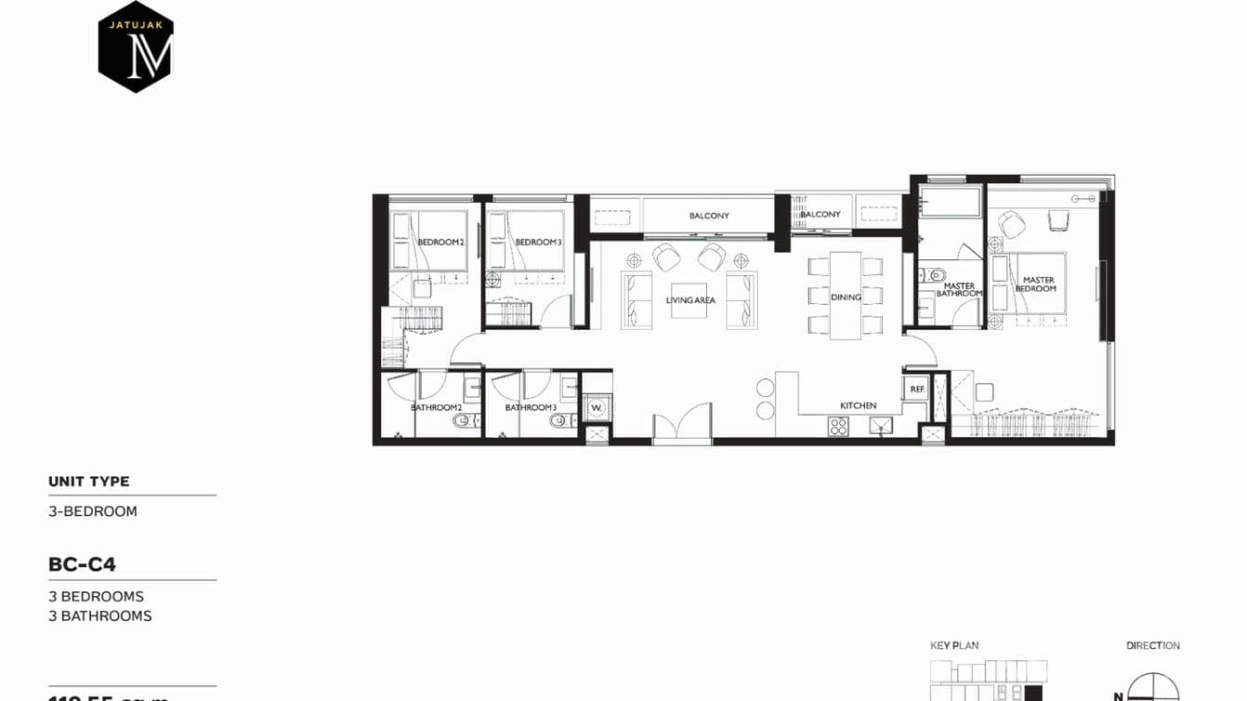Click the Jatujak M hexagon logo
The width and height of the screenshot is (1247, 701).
coord(136,46)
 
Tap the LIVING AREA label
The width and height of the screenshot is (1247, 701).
coord(690,300)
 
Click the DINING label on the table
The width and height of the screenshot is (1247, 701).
coord(846,298)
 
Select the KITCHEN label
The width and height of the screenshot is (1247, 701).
coord(858,405)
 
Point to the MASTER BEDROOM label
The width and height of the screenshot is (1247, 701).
coord(1038,284)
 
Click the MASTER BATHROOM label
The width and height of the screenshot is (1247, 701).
coord(959,290)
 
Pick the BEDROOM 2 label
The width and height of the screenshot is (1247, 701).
coord(440,243)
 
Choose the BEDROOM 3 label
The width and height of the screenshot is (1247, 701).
coord(538,243)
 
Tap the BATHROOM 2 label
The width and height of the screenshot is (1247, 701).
coord(436,407)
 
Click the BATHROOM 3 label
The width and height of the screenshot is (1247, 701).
coord(531,407)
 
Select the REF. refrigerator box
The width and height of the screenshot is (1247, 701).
coord(916,389)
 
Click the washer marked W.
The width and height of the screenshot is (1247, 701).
coord(597,407)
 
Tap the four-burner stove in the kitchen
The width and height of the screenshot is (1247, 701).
coord(838,426)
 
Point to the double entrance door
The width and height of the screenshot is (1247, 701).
coord(682,422)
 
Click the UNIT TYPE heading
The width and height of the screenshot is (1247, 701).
coord(89,482)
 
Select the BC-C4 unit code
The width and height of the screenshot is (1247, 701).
coord(82,564)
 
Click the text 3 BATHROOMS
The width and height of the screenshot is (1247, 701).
coord(100,615)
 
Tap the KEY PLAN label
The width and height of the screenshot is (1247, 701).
coord(954,645)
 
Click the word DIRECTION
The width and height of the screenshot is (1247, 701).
coord(1153,645)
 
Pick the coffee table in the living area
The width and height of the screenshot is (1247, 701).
coord(690,299)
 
